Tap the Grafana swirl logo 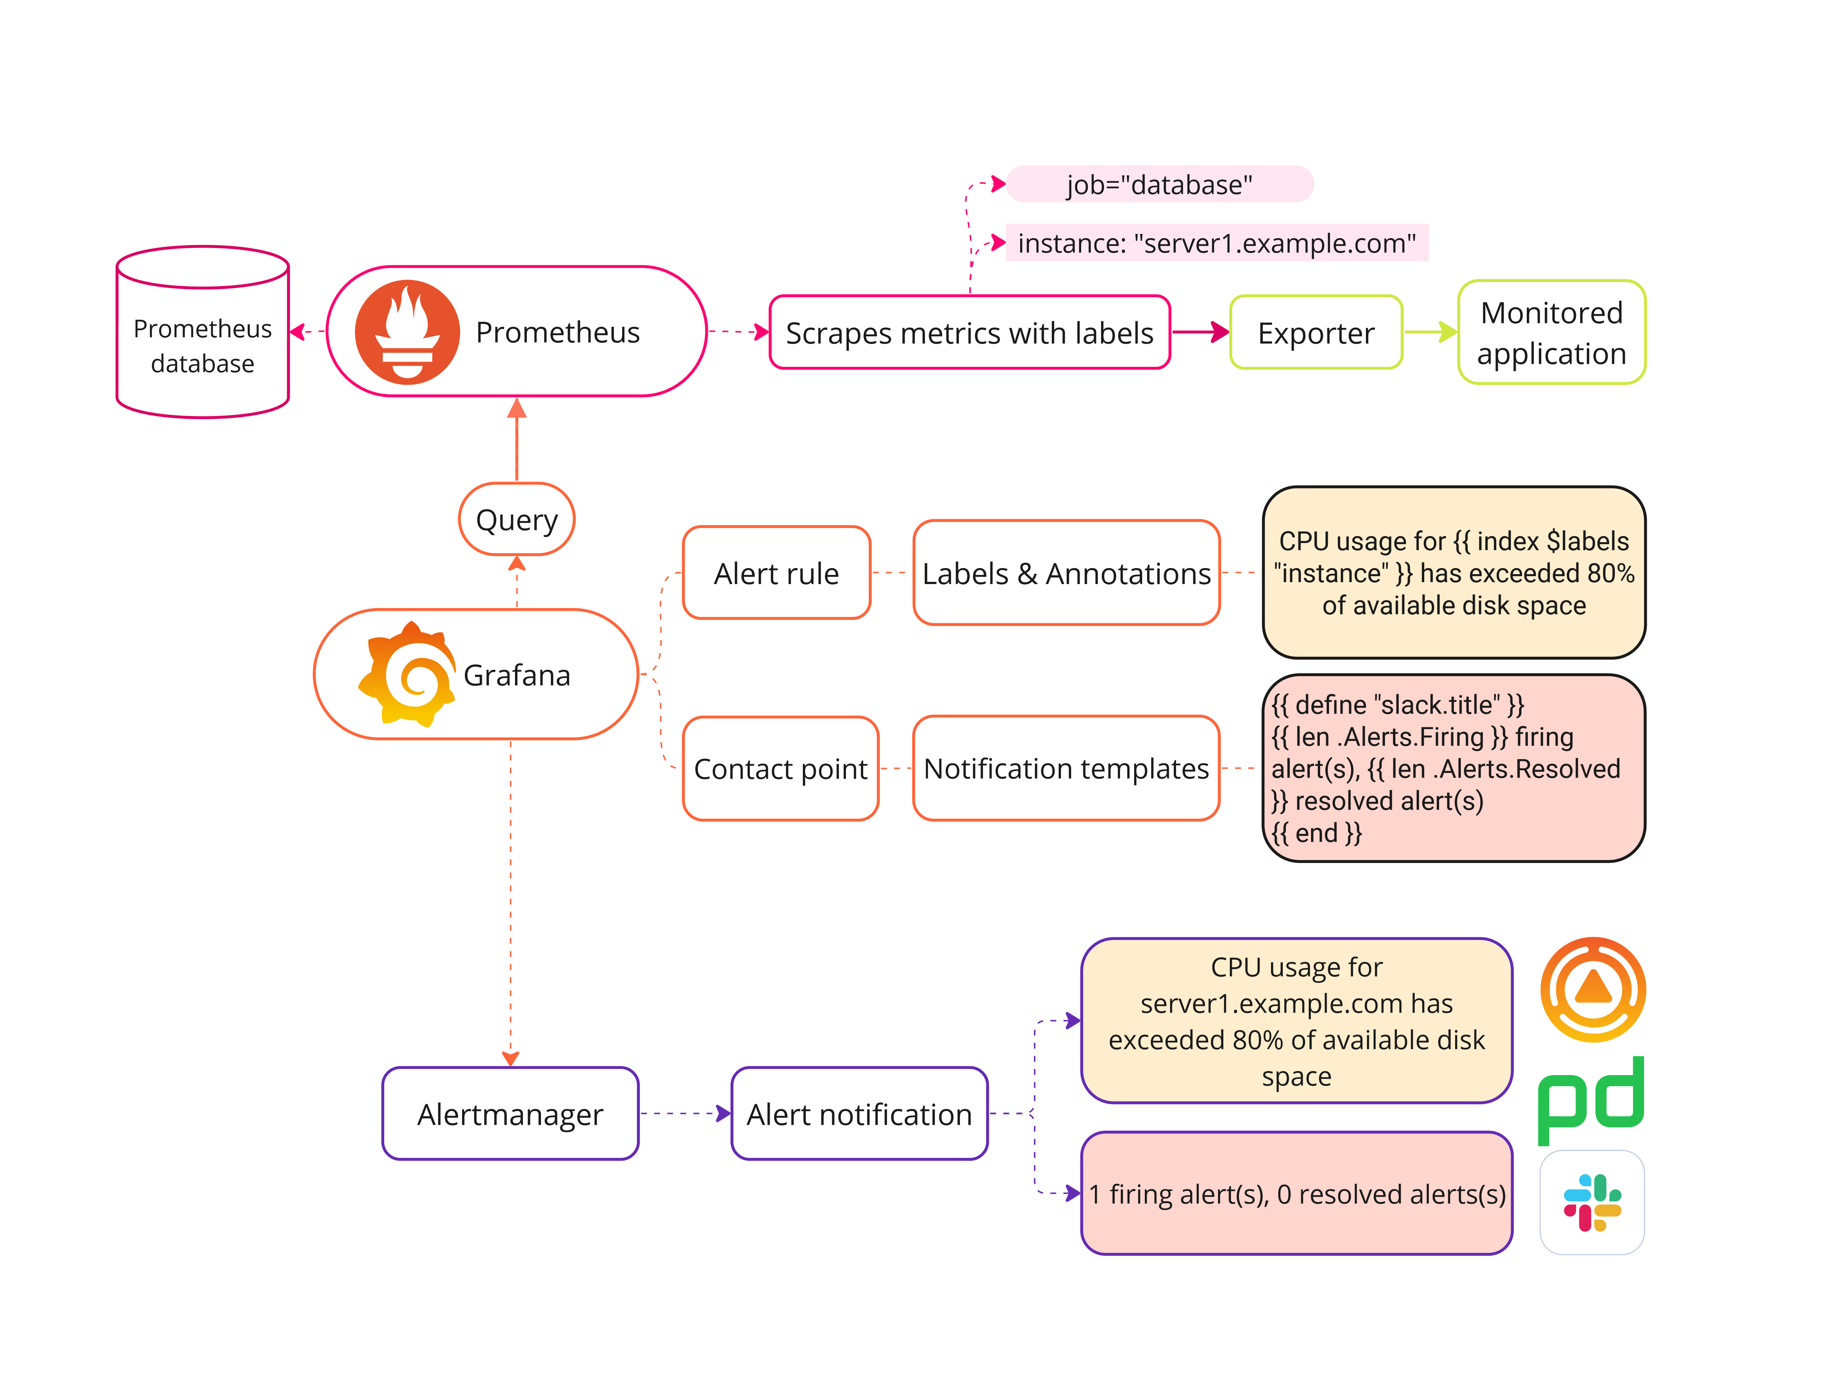[408, 674]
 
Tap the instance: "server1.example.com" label [1216, 243]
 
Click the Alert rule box [775, 573]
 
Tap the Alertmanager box [510, 1113]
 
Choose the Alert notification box [859, 1113]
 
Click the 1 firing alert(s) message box [1296, 1193]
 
